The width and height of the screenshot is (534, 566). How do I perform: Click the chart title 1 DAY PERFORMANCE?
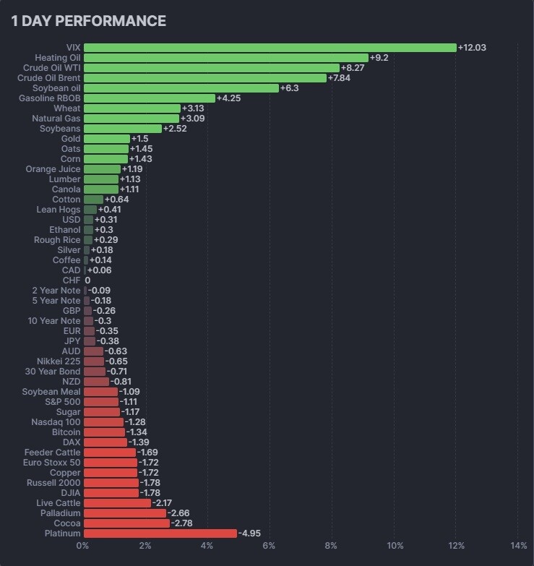tap(88, 21)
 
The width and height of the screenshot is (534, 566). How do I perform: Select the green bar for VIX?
tap(270, 48)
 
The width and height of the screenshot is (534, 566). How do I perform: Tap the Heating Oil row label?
tap(58, 58)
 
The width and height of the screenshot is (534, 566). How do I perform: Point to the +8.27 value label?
tap(354, 68)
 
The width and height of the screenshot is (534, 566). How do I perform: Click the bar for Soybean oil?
tap(181, 88)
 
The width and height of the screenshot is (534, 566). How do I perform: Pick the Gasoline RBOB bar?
tap(149, 98)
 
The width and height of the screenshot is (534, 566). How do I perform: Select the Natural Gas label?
tap(56, 119)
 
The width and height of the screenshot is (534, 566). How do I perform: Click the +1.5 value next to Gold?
tap(139, 139)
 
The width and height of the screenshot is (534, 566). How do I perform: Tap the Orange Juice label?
tap(53, 169)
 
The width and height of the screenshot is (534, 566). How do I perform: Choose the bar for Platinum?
tap(160, 533)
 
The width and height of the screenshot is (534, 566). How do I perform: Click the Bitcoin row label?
tap(66, 432)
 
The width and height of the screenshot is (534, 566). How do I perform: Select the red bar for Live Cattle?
tap(117, 503)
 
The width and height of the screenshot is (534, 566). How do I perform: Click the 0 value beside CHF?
tap(88, 280)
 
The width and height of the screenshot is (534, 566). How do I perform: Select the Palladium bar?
tap(125, 513)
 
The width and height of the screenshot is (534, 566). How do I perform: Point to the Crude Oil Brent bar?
tap(204, 78)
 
